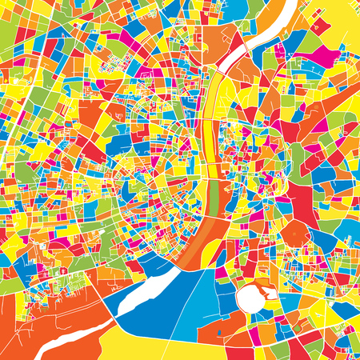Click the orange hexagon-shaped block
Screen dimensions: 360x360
297,234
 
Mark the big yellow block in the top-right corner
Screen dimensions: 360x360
336,20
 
